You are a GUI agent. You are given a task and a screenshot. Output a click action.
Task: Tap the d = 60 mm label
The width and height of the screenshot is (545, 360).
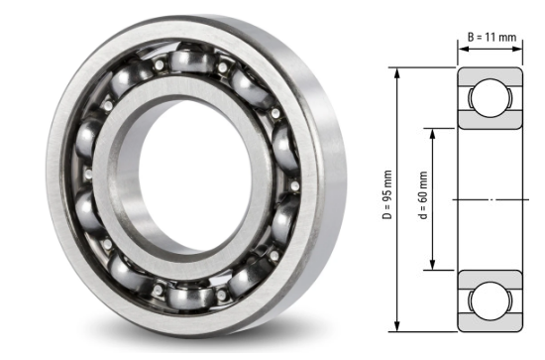click(422, 199)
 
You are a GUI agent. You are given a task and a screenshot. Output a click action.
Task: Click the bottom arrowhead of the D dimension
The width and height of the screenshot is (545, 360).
click(398, 328)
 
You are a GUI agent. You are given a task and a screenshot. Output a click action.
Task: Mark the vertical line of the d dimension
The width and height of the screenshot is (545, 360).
click(433, 159)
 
